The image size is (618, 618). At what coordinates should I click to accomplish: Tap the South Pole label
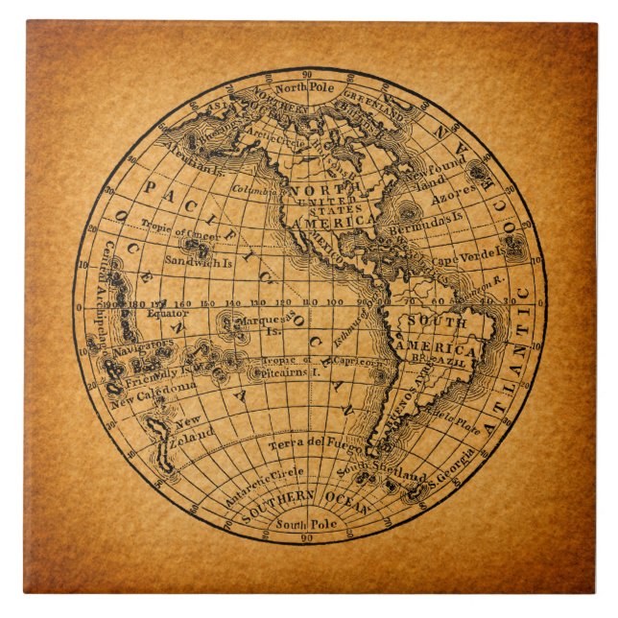306,524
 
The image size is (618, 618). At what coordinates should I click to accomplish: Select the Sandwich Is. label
199,260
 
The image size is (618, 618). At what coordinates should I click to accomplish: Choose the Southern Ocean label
305,500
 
